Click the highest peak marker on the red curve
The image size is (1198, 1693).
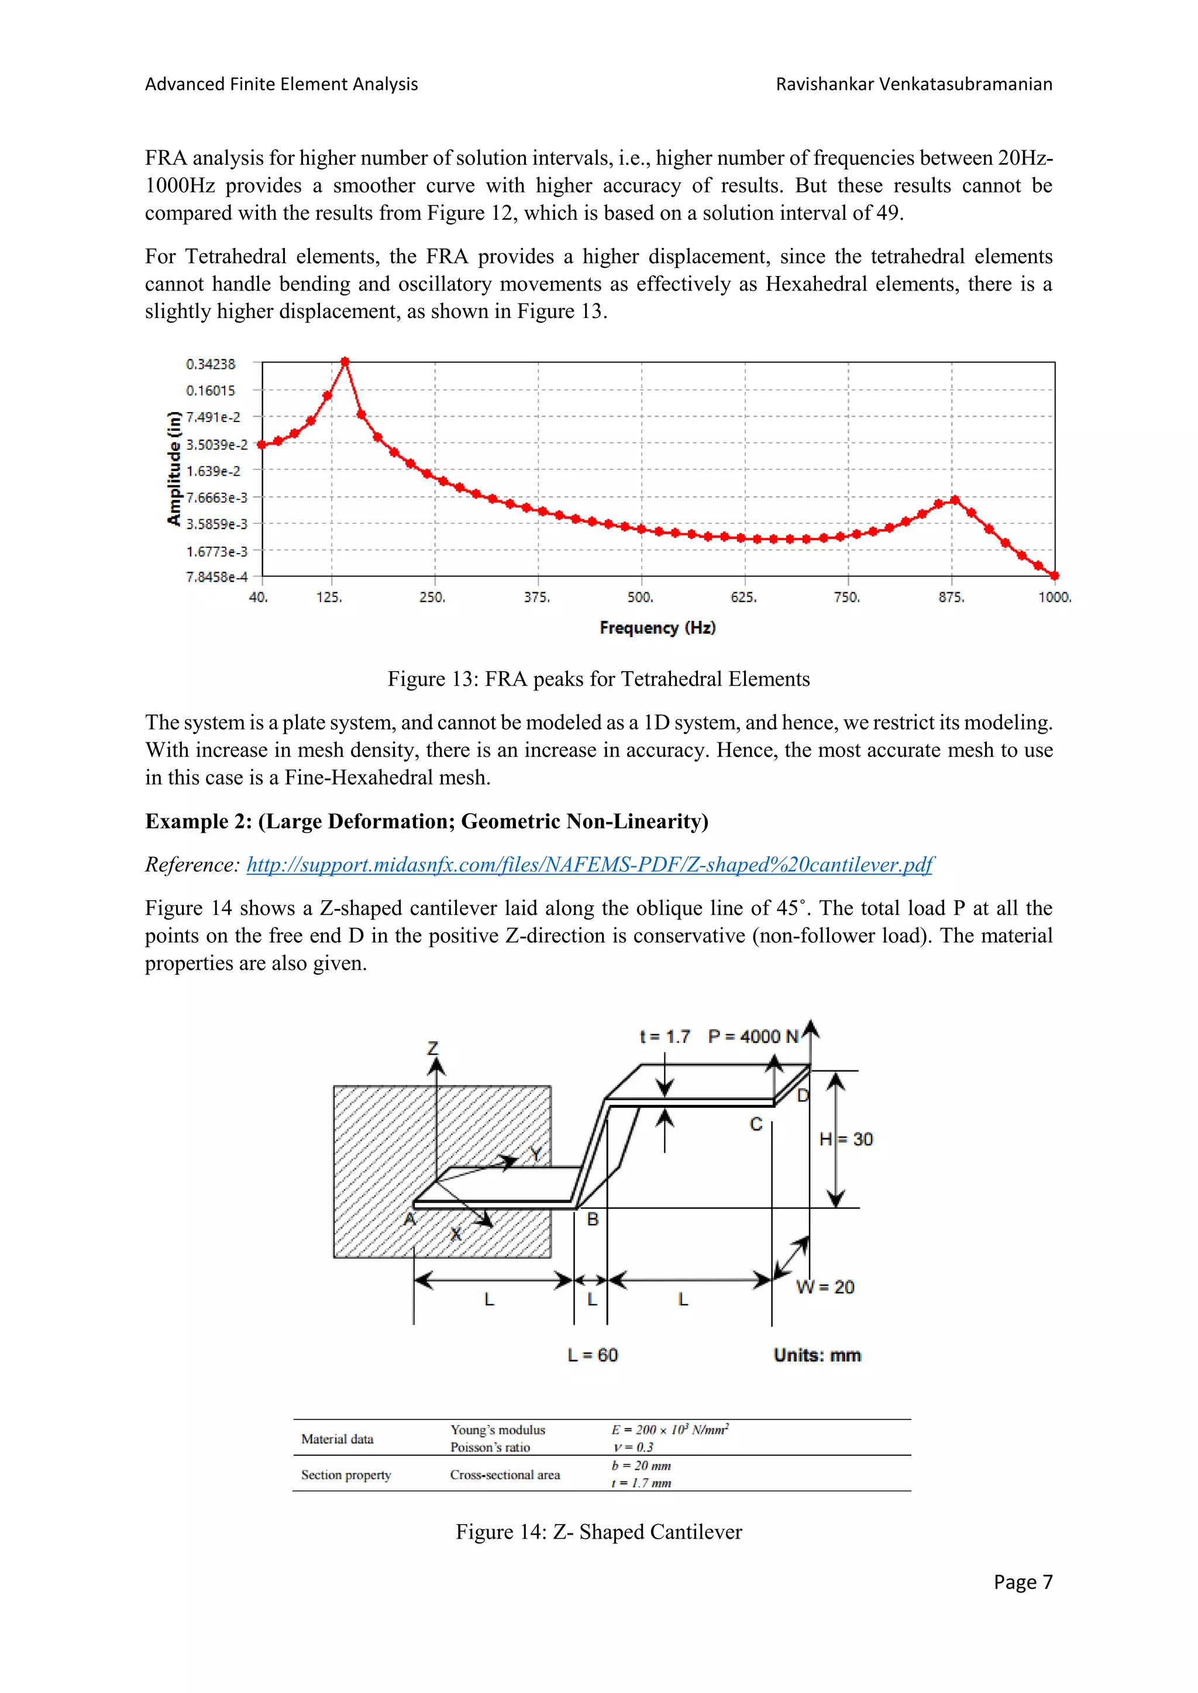pos(345,362)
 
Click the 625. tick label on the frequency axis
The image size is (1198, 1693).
pos(743,597)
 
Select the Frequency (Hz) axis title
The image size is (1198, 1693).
pos(657,627)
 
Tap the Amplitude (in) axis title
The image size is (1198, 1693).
pos(174,468)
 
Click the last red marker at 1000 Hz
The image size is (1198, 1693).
pos(1054,575)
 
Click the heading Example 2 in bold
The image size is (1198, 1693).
pos(426,821)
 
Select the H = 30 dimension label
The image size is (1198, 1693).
pos(846,1139)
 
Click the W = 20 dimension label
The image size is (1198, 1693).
pos(825,1287)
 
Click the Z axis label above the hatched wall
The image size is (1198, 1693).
pos(433,1048)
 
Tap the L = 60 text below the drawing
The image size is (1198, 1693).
pos(593,1355)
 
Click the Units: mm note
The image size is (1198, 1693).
pos(817,1355)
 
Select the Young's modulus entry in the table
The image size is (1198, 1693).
pos(498,1430)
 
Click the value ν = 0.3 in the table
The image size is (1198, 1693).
pos(633,1447)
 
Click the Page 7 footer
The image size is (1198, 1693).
pos(1023,1582)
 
